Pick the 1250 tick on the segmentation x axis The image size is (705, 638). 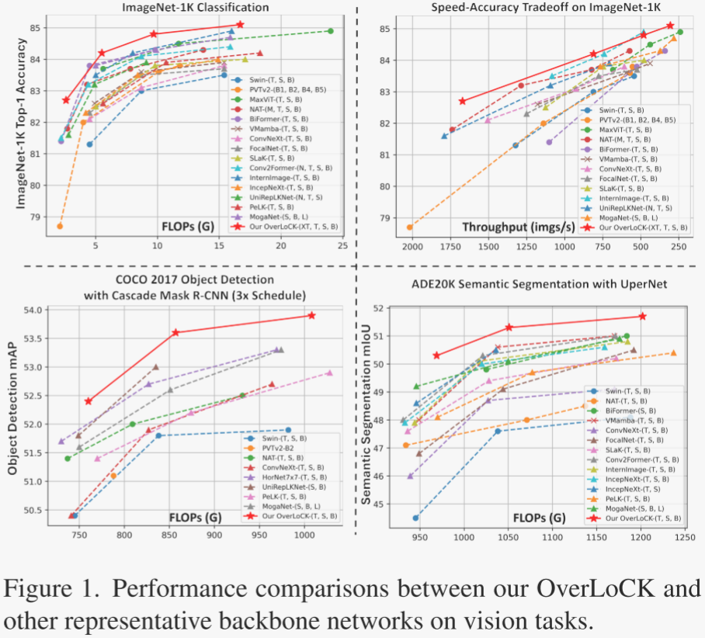point(684,536)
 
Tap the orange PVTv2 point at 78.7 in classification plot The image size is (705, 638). point(60,226)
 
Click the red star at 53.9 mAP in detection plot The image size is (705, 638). point(311,315)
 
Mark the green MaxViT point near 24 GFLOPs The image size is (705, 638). point(331,31)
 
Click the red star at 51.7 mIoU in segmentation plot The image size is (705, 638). point(642,316)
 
